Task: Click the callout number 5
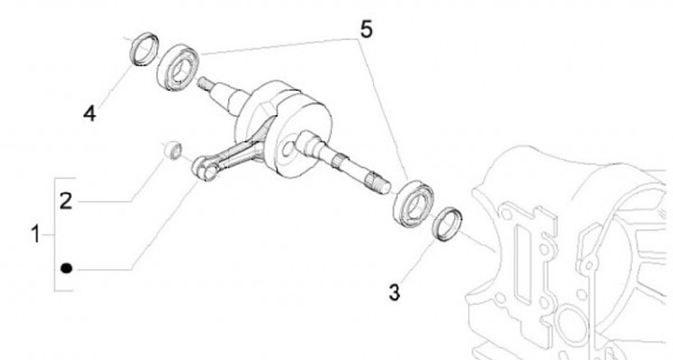365,30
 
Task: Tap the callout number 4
90,114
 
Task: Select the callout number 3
394,293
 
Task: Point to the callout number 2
65,201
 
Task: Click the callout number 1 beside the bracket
36,235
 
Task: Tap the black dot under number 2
66,268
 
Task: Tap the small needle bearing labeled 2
174,150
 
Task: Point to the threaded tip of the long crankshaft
384,185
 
